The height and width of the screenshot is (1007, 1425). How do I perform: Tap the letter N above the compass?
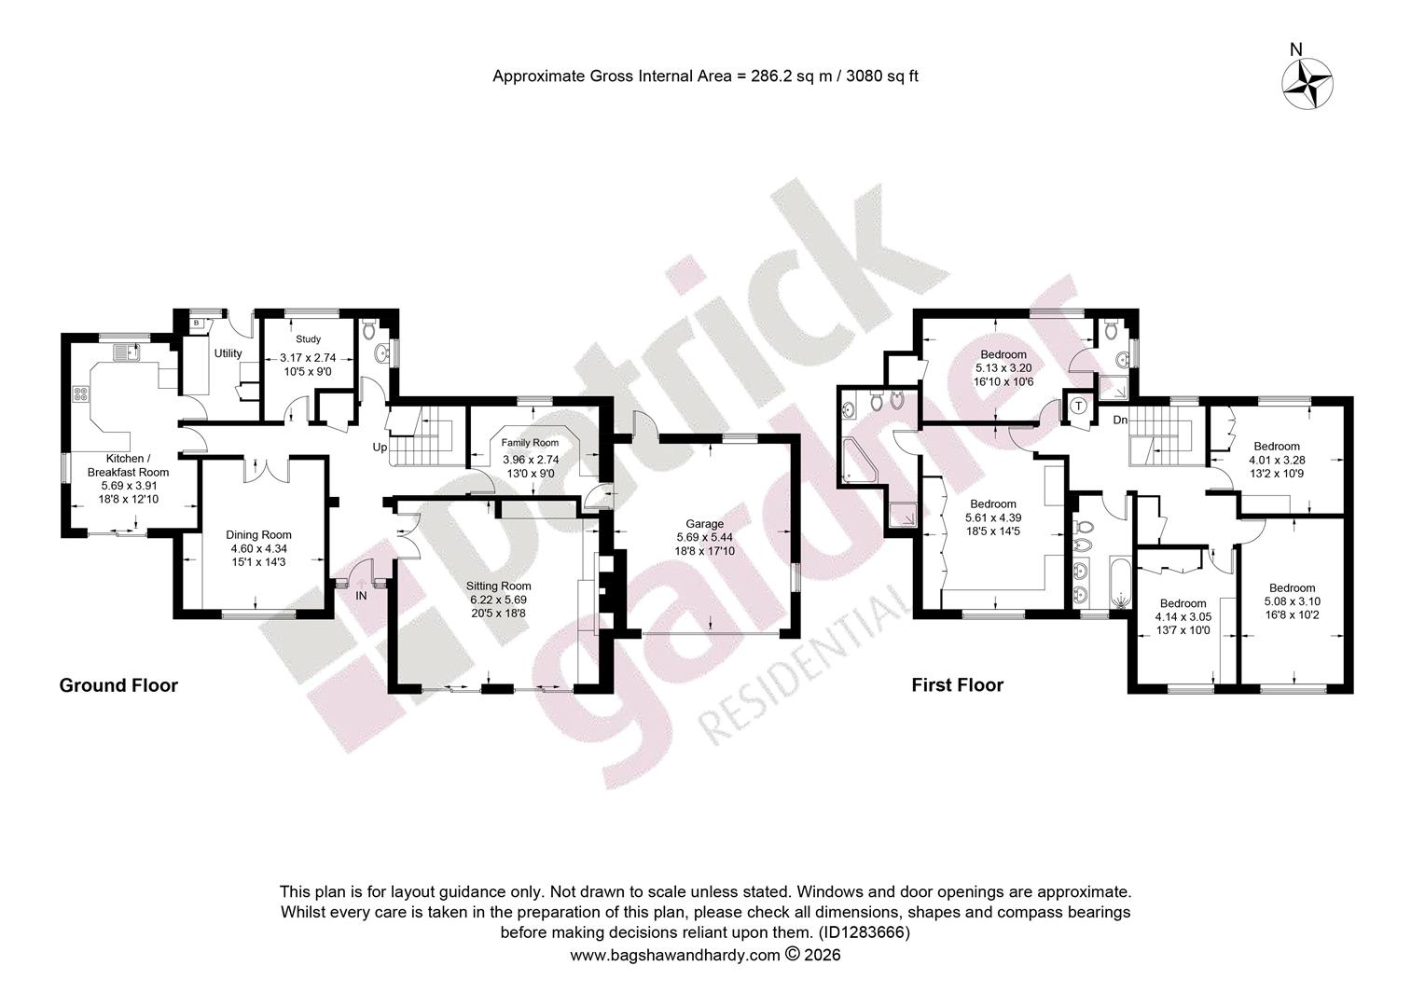tap(1296, 49)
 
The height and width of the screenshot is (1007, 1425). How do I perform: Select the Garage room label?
tap(704, 523)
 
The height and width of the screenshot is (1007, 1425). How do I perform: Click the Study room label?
tap(308, 339)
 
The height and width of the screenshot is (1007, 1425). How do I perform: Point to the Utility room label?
tap(228, 353)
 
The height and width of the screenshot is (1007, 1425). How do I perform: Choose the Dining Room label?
tap(258, 535)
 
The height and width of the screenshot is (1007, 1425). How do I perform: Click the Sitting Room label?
tap(498, 586)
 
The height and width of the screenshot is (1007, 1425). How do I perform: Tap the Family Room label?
tap(530, 443)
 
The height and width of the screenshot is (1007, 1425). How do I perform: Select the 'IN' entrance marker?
tap(361, 596)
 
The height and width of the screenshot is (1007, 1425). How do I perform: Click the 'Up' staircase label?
tap(380, 448)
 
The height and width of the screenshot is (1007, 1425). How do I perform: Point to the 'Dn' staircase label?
tap(1120, 420)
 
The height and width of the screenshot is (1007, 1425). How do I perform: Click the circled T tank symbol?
tap(1078, 406)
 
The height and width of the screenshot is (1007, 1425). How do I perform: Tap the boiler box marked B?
tap(197, 324)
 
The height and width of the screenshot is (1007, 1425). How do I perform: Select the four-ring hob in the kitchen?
tap(81, 393)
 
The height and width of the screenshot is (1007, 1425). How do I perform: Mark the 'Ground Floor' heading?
tap(118, 685)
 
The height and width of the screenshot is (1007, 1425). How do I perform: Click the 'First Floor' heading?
tap(958, 685)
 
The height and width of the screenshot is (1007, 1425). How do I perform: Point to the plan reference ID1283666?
tap(864, 933)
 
